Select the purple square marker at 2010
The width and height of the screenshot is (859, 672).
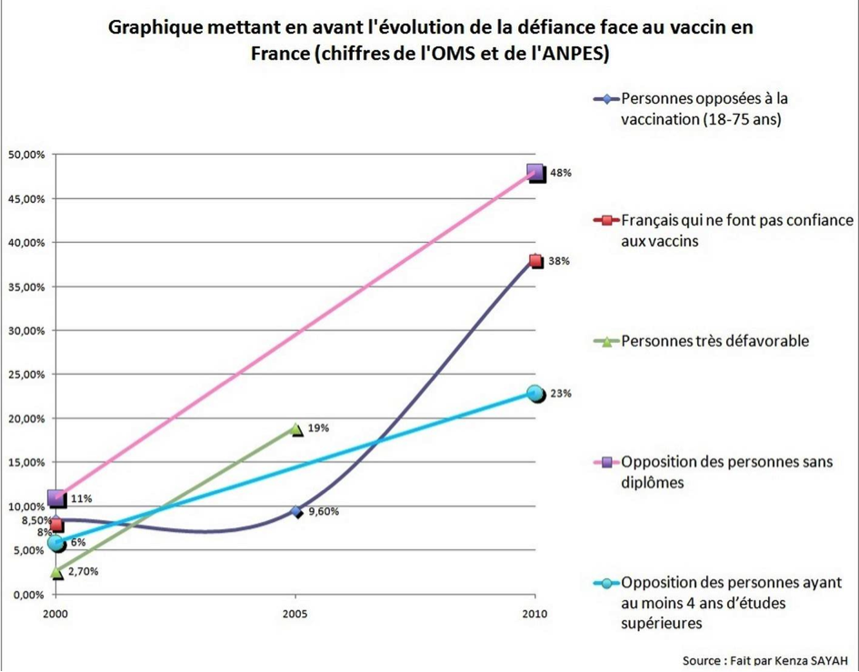[x=535, y=172]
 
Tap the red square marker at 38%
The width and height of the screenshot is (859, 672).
[x=536, y=261]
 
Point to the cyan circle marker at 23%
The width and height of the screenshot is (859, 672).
[x=535, y=393]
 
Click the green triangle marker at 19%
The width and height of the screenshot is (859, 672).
[x=295, y=428]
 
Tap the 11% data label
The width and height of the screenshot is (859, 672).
[x=81, y=499]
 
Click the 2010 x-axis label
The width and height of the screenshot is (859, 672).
[x=535, y=615]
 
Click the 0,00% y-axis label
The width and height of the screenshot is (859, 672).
[x=30, y=594]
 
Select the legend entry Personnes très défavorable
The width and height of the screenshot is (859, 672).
[x=714, y=342]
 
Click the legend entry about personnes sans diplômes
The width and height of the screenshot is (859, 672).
[x=726, y=472]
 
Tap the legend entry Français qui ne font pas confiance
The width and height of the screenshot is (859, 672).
[x=736, y=231]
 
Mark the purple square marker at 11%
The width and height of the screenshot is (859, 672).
[x=56, y=498]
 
